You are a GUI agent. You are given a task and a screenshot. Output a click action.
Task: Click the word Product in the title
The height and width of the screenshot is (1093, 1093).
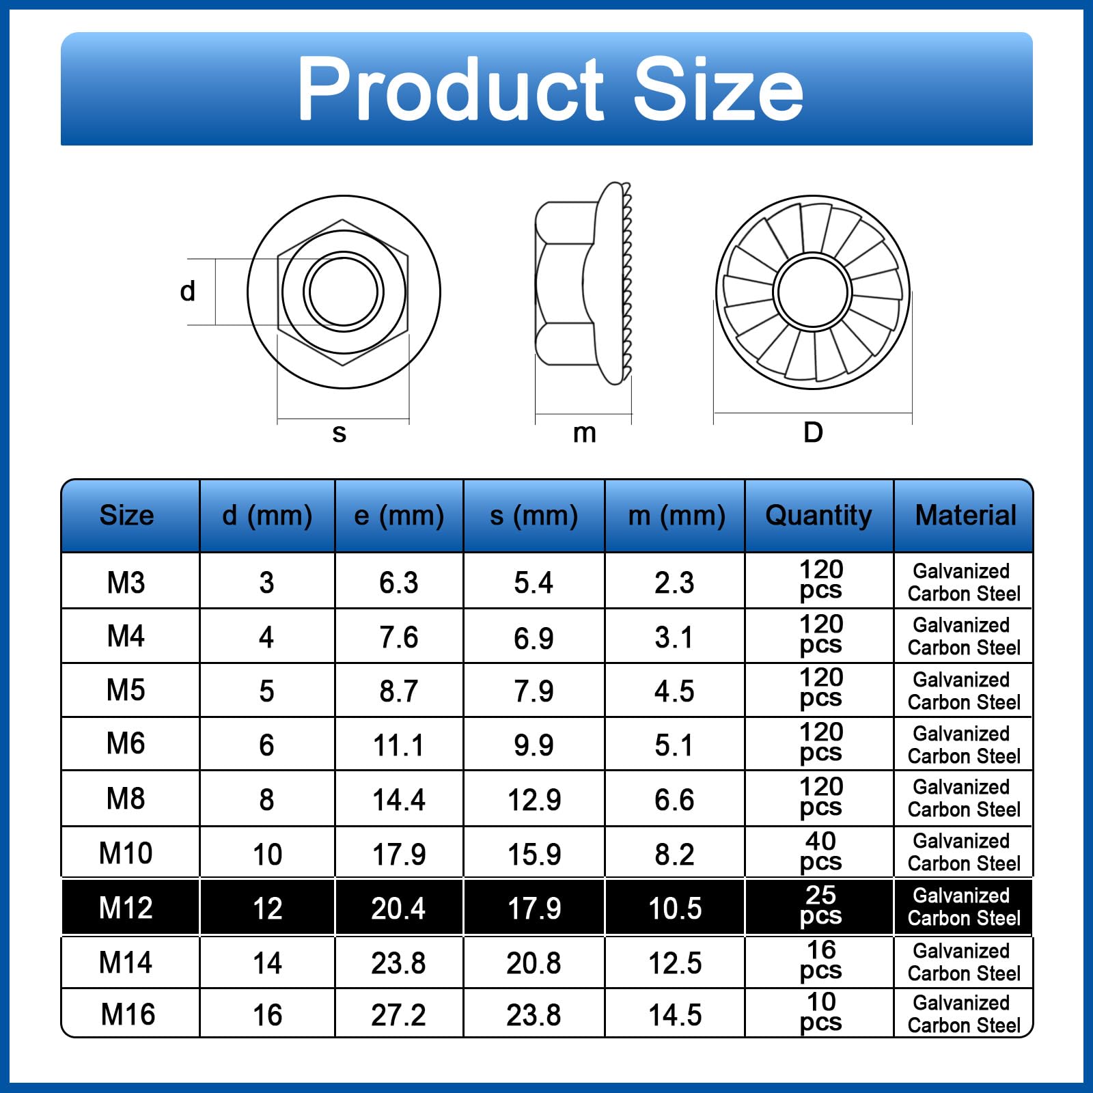pyautogui.click(x=452, y=89)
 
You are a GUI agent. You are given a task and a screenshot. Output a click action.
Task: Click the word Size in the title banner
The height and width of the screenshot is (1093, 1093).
pyautogui.click(x=719, y=89)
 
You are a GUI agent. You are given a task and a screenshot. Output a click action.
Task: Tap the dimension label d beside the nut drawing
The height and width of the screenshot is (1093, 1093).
pyautogui.click(x=188, y=291)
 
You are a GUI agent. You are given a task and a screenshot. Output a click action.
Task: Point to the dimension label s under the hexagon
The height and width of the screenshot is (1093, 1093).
pyautogui.click(x=340, y=433)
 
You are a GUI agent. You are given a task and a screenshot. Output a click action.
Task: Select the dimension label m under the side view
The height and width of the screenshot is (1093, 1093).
pyautogui.click(x=585, y=433)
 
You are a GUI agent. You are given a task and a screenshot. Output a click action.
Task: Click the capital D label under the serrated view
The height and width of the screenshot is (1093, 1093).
pyautogui.click(x=813, y=432)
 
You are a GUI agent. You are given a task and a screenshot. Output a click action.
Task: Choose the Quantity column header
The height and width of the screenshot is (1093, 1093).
pyautogui.click(x=818, y=516)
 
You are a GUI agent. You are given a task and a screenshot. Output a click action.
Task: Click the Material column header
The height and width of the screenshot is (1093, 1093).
pyautogui.click(x=965, y=515)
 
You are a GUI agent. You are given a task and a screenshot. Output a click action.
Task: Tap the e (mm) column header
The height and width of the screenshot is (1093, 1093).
pyautogui.click(x=399, y=516)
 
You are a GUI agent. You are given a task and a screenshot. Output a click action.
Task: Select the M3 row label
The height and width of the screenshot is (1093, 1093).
pyautogui.click(x=126, y=583)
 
